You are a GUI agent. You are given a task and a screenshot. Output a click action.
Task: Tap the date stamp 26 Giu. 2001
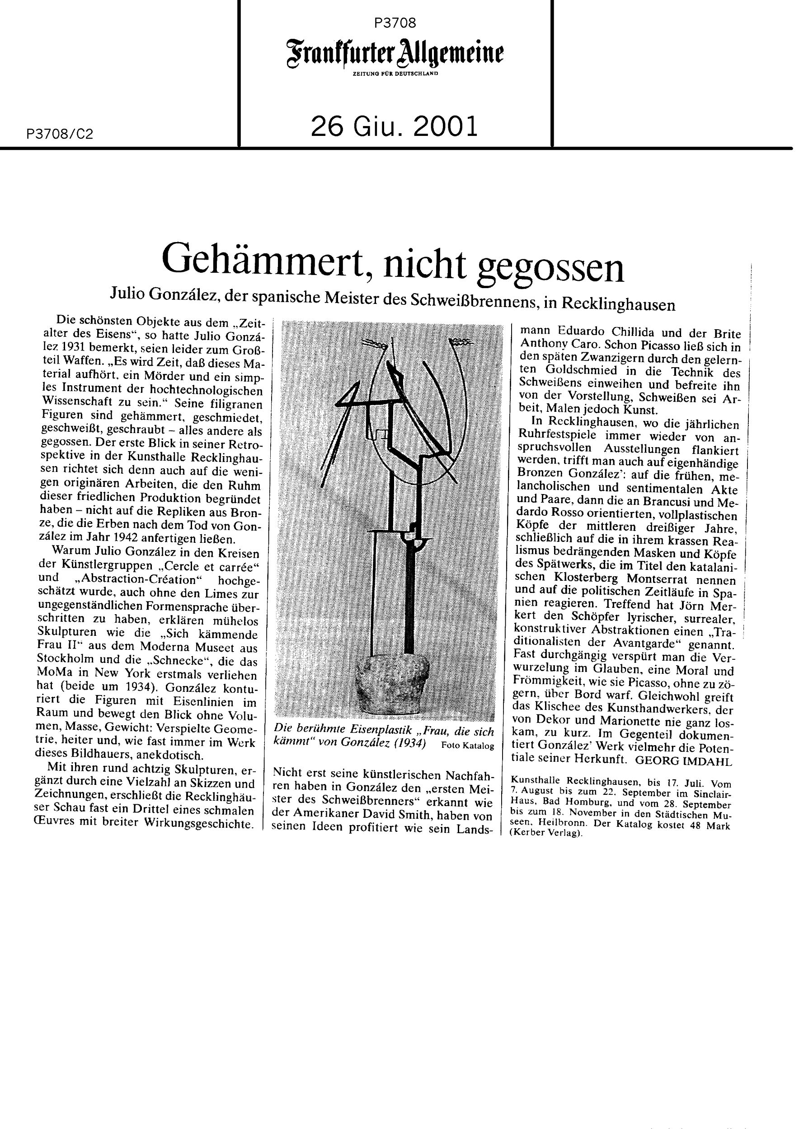tap(395, 127)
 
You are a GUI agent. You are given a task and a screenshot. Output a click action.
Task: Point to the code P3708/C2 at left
tap(60, 134)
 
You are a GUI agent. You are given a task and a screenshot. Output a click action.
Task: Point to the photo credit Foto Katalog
tap(467, 746)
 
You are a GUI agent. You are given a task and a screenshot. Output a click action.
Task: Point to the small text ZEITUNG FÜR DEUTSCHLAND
tap(395, 74)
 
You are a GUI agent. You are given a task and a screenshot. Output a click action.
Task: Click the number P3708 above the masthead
tap(395, 23)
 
